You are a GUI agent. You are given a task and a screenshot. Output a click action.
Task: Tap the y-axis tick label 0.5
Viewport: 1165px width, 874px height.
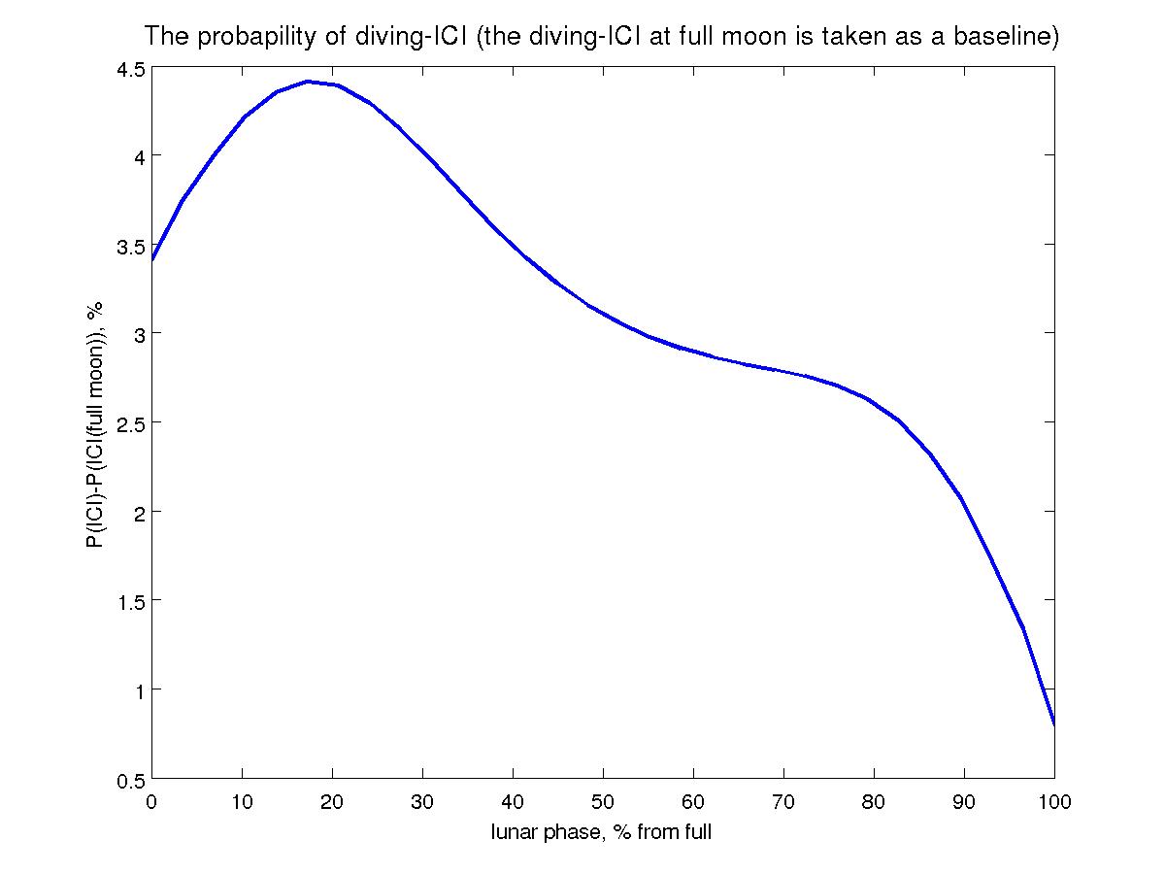coord(126,780)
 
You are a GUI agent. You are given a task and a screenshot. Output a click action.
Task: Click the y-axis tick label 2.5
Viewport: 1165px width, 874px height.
coord(126,423)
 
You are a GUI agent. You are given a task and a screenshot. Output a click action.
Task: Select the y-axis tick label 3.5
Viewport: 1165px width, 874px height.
coord(126,245)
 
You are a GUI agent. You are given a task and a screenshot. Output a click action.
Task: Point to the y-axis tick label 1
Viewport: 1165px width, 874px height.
coord(135,690)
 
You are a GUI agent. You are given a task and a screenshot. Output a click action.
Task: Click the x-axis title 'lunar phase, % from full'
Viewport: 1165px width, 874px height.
coord(602,832)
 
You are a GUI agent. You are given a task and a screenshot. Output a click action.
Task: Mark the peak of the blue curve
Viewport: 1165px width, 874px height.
coord(308,82)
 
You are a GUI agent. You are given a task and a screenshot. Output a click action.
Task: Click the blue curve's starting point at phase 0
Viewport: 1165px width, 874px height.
coord(152,260)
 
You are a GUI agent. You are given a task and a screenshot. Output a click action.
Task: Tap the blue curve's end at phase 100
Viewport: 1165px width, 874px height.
coord(1054,724)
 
